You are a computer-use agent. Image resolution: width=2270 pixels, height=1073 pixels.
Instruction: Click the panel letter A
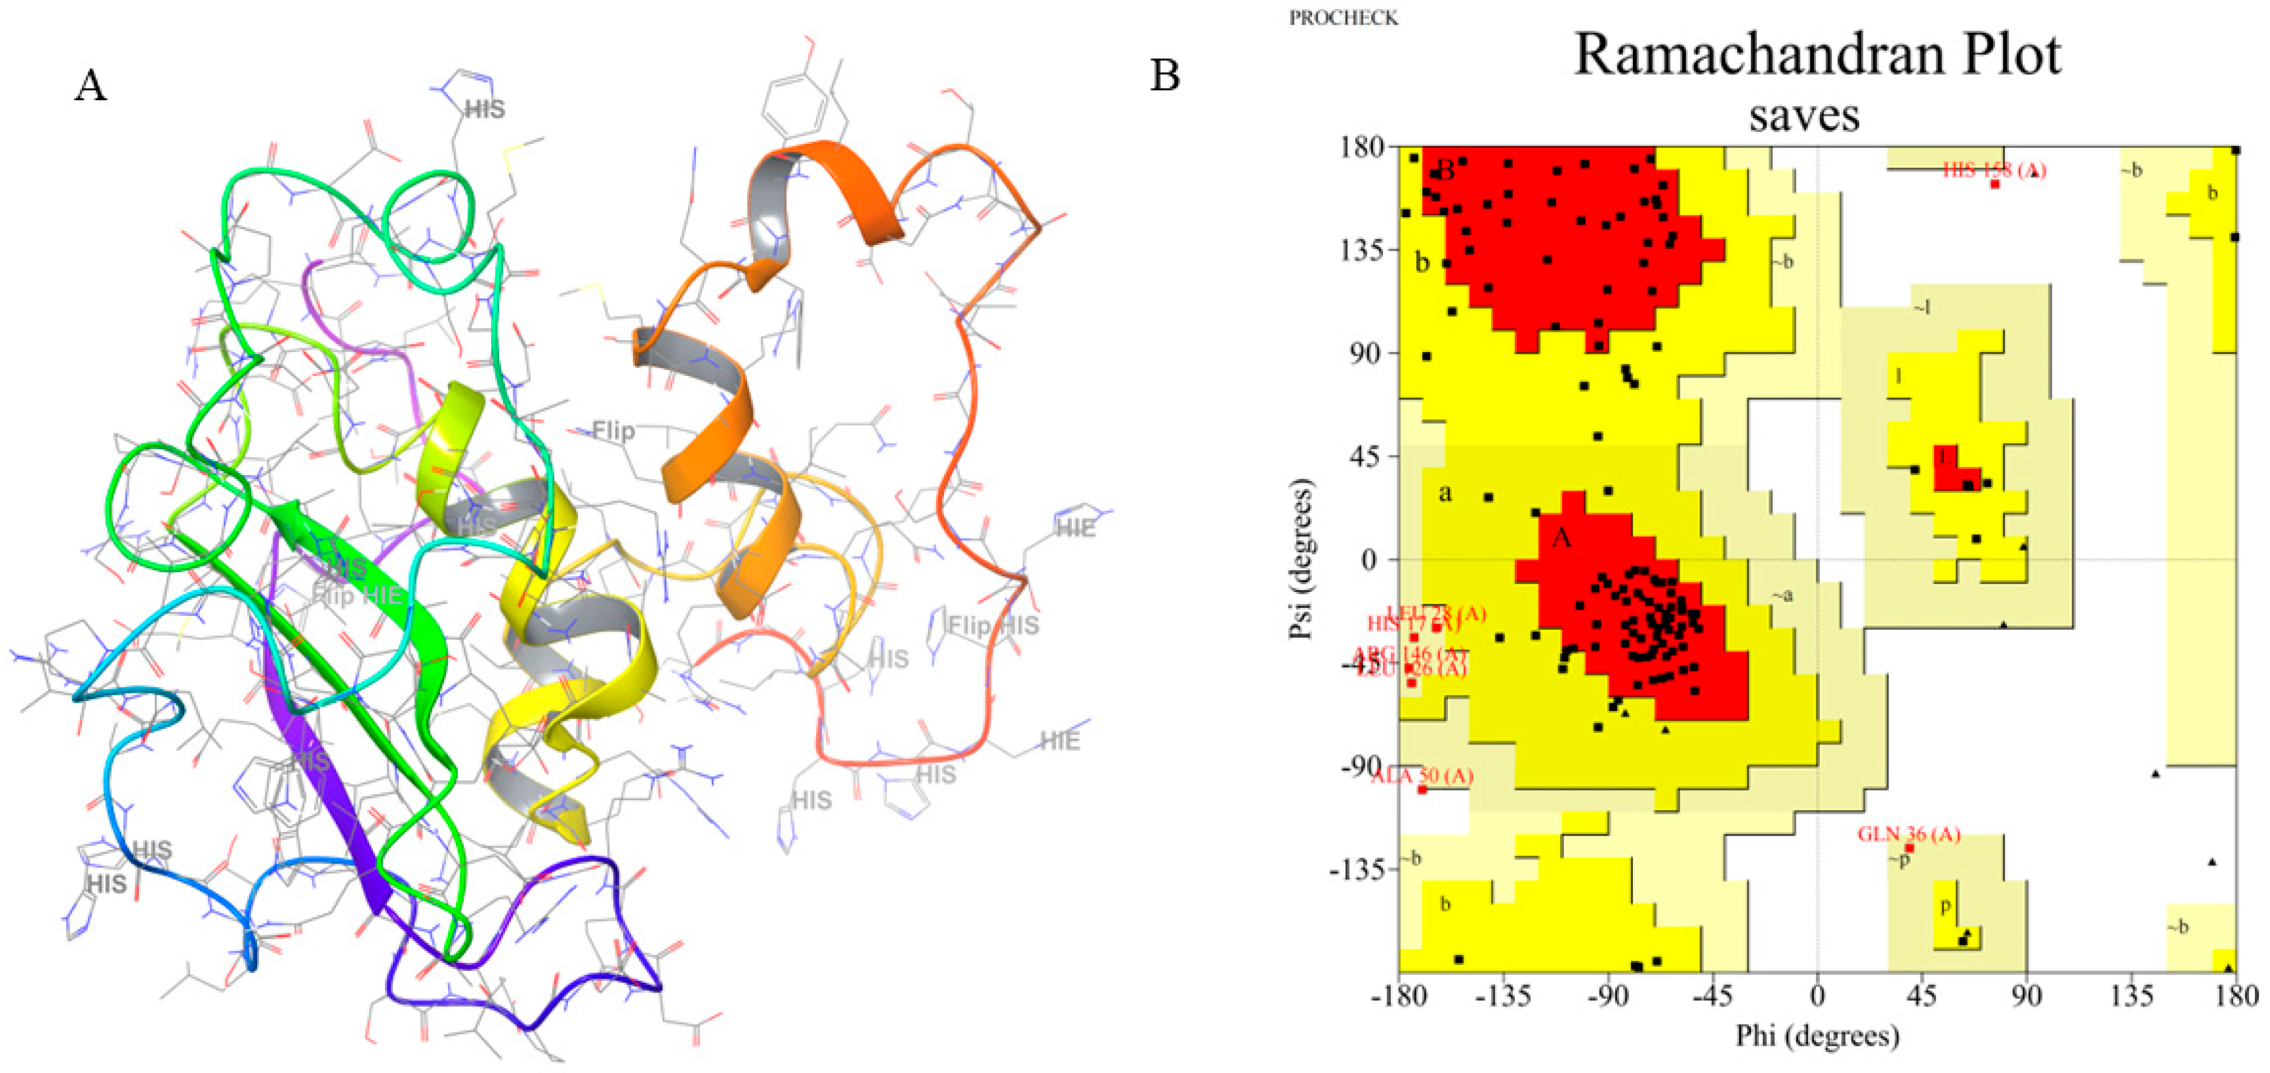(x=91, y=86)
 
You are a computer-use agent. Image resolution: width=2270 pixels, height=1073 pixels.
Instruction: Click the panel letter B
(x=1165, y=76)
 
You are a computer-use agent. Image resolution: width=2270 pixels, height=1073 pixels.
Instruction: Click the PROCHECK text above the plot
(x=1343, y=18)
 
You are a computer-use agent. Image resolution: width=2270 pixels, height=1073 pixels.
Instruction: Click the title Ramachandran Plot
(x=1817, y=54)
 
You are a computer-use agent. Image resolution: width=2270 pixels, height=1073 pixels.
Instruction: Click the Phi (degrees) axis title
(x=1817, y=1035)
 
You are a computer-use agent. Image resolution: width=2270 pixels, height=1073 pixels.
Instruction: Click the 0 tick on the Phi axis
(x=1817, y=997)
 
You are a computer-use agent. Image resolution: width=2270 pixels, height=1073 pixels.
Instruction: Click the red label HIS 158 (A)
(x=1993, y=170)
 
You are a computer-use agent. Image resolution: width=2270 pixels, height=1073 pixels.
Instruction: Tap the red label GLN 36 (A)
(x=1909, y=834)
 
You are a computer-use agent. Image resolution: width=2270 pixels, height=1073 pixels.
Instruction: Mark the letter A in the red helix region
(x=1561, y=538)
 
